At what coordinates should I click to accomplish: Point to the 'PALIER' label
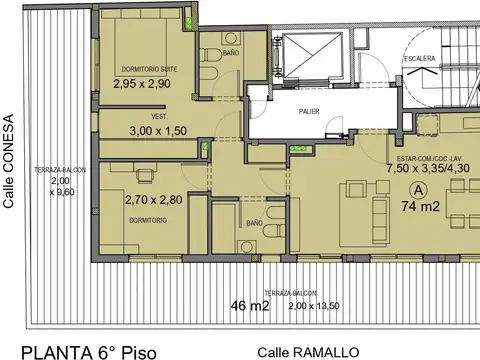[308, 112]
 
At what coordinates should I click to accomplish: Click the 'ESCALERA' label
[418, 59]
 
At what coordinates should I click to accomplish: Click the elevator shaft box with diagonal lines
[312, 59]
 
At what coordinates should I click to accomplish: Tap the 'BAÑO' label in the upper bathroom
[231, 52]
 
